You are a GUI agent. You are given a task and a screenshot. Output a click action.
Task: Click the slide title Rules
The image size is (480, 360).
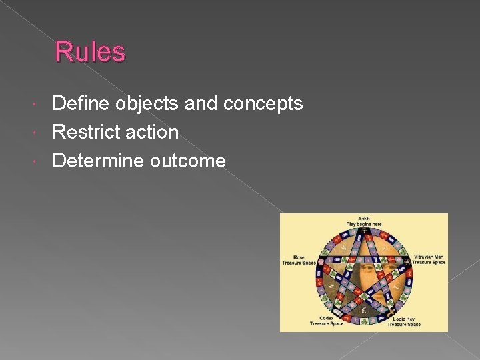pos(90,52)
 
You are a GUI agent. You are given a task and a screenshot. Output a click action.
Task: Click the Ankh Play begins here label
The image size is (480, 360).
pos(364,221)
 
